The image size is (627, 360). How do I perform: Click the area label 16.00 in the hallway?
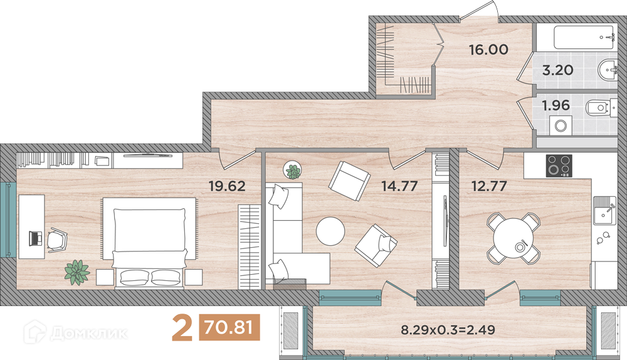click(488, 50)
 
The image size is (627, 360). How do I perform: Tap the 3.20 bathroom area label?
click(557, 70)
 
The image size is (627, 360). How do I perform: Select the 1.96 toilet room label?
click(556, 105)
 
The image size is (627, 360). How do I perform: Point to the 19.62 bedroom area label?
click(227, 186)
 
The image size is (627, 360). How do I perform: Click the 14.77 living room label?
click(399, 186)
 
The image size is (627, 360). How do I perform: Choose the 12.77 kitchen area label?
click(489, 186)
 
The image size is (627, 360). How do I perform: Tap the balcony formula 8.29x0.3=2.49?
click(448, 330)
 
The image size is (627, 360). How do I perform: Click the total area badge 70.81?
click(229, 327)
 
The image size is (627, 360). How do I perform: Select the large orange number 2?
click(182, 328)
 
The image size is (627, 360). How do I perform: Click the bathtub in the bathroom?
click(583, 38)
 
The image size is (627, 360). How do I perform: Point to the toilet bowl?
click(597, 108)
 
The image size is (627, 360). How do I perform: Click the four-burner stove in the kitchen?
click(559, 166)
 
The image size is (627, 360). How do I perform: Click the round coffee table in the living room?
click(330, 231)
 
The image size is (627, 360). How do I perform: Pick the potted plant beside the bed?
click(77, 272)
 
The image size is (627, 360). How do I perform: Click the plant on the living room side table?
click(293, 171)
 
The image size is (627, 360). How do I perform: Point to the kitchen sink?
click(604, 210)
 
